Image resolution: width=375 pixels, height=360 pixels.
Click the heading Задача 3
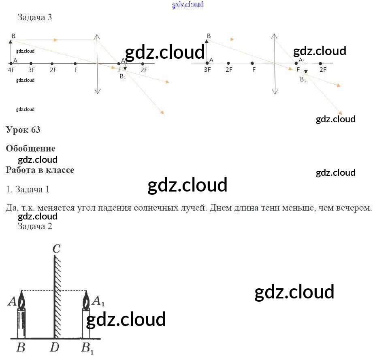click(x=35, y=17)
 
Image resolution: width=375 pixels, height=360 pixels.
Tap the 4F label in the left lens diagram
click(x=11, y=70)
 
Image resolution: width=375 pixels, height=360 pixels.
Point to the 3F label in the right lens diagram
click(x=207, y=70)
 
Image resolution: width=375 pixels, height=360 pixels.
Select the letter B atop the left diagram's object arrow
click(x=13, y=36)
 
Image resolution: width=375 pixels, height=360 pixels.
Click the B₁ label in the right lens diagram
click(x=303, y=80)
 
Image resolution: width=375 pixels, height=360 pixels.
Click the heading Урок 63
click(x=23, y=130)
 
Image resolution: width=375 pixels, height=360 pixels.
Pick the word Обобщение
click(x=31, y=148)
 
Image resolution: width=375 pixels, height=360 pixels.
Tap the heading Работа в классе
click(x=40, y=170)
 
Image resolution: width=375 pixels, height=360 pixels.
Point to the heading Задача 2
click(x=35, y=226)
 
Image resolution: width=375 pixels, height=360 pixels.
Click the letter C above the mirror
click(x=56, y=248)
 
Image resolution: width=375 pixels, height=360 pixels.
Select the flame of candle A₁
click(x=86, y=302)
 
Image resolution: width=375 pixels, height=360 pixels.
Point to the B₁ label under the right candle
click(x=87, y=348)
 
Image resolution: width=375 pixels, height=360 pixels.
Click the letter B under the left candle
click(x=21, y=347)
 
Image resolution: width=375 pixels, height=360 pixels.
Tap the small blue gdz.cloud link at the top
click(x=187, y=4)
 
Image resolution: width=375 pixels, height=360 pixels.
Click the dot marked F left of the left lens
click(x=75, y=64)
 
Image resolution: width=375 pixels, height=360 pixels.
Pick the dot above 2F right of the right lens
click(x=320, y=64)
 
